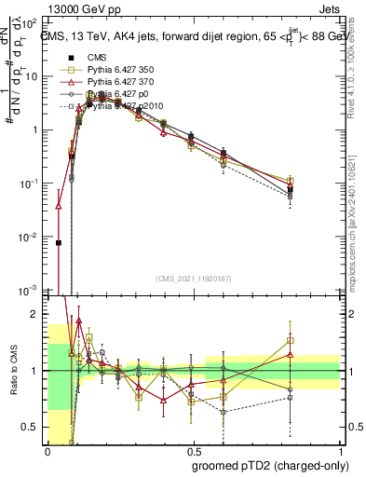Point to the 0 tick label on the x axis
click(x=47, y=451)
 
